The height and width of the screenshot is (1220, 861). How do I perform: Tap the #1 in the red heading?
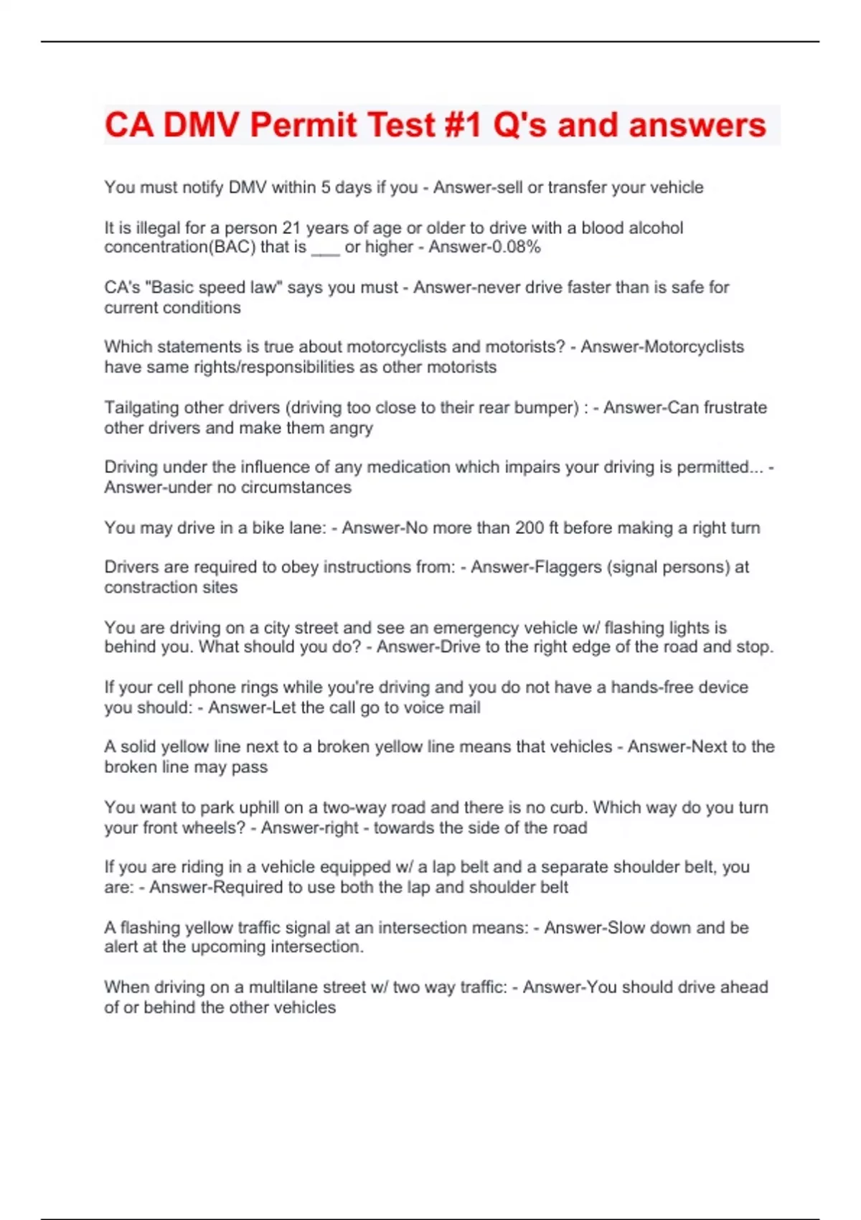461,125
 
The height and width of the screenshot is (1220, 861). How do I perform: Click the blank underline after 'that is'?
325,250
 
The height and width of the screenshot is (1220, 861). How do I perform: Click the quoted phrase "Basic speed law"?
213,288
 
